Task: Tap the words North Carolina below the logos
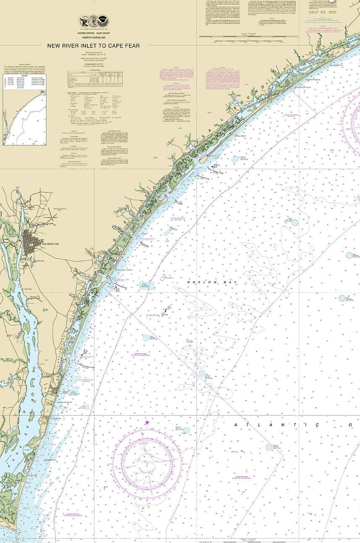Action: pos(94,38)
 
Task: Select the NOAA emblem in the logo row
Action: pos(102,21)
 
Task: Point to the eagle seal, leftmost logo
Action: pos(84,21)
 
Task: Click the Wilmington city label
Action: pos(50,244)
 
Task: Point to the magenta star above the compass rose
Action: pos(147,422)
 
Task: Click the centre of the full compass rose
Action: pos(147,462)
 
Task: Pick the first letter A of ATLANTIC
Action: pos(236,425)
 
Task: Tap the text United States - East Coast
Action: pos(94,33)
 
